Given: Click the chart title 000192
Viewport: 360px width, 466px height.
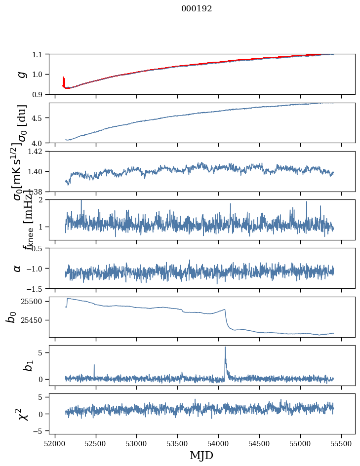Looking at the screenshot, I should pos(197,8).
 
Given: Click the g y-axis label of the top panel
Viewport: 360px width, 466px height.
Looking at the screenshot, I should pos(21,74).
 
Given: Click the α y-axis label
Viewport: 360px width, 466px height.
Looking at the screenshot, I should pos(17,268).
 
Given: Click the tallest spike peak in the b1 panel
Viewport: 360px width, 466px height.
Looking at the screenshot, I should pos(225,347).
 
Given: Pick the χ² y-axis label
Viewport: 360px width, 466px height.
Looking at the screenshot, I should pos(22,414).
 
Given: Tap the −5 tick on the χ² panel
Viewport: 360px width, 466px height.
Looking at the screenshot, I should pos(40,431).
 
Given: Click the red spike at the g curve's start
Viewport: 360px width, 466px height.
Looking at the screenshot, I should pos(64,79).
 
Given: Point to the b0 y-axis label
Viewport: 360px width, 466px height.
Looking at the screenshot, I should pos(11,316).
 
